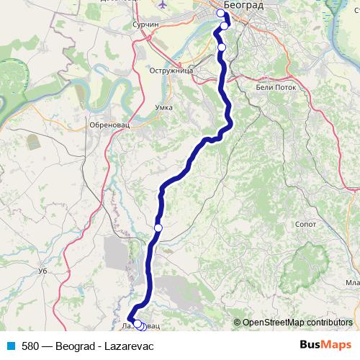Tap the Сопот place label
306,225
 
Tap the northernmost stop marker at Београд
221,13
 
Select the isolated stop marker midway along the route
158,228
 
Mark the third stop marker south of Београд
222,48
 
